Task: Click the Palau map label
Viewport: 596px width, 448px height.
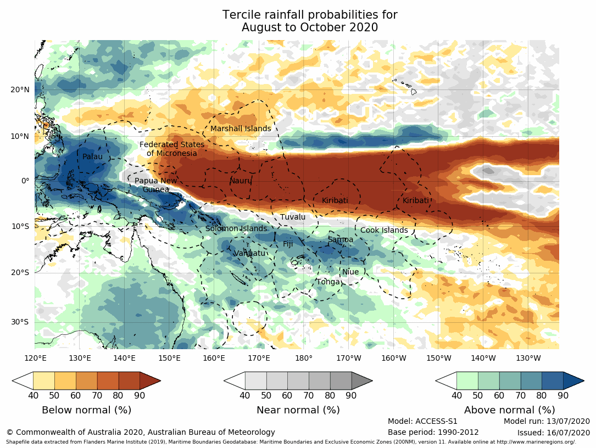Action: pyautogui.click(x=92, y=157)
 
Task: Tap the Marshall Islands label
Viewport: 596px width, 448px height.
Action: pyautogui.click(x=241, y=129)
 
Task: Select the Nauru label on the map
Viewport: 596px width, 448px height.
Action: pyautogui.click(x=240, y=181)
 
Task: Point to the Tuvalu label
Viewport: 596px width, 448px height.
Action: pyautogui.click(x=293, y=217)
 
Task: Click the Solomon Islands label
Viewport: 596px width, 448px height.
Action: pyautogui.click(x=236, y=229)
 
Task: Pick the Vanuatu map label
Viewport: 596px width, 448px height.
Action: pyautogui.click(x=249, y=254)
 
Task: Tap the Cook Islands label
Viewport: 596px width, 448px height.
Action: pyautogui.click(x=384, y=231)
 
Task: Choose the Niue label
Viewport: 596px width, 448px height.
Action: pyautogui.click(x=350, y=272)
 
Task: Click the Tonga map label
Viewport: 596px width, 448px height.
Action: pyautogui.click(x=328, y=282)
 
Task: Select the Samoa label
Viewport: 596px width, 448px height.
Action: pyautogui.click(x=341, y=240)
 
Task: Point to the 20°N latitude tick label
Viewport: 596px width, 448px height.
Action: pyautogui.click(x=20, y=90)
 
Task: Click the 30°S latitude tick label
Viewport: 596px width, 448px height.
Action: pyautogui.click(x=20, y=322)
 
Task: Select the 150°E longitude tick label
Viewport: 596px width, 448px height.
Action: pyautogui.click(x=169, y=359)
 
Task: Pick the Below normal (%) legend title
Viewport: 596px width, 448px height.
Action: pyautogui.click(x=86, y=410)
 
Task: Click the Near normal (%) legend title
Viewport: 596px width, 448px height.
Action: pyautogui.click(x=298, y=410)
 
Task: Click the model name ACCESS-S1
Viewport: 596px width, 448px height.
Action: pyautogui.click(x=438, y=422)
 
